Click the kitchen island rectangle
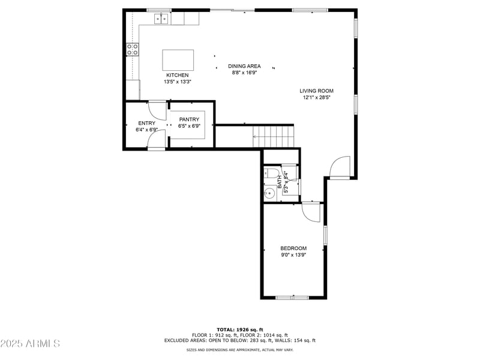coord(178,60)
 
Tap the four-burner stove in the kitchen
coord(133,49)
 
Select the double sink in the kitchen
coord(161,19)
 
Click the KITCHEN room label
coord(178,75)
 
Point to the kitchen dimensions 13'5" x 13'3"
coord(178,82)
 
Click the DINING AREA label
coord(244,66)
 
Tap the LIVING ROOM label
coord(316,91)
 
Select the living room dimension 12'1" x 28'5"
coord(316,97)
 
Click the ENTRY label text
coord(146,123)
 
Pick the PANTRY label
coord(189,119)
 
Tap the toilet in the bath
coord(272,175)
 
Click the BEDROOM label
coord(293,248)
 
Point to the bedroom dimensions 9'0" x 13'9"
coord(293,256)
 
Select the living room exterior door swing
coord(340,167)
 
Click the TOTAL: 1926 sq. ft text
coord(240,329)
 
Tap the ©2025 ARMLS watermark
coord(30,344)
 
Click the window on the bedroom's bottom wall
coord(292,297)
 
